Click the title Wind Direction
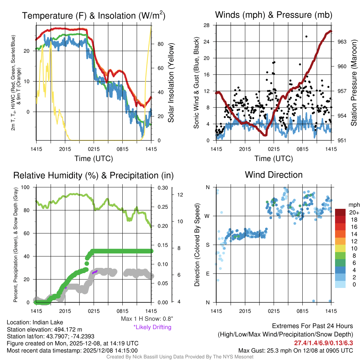274,175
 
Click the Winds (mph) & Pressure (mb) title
274,15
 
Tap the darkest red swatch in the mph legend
341,212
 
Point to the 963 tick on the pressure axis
342,41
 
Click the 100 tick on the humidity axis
26,187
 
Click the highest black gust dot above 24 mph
306,37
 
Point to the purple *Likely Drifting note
152,327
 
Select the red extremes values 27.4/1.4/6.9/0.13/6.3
323,342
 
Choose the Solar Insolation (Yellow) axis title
171,83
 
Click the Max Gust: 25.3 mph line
295,350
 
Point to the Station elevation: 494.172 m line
44,329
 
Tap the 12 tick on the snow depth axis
179,194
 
